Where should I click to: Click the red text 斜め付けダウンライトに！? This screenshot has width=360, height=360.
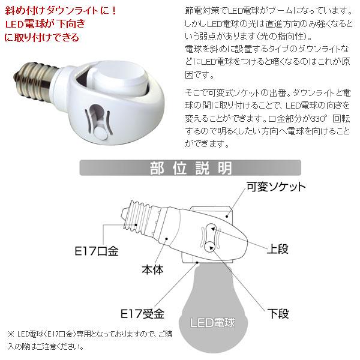42,10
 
